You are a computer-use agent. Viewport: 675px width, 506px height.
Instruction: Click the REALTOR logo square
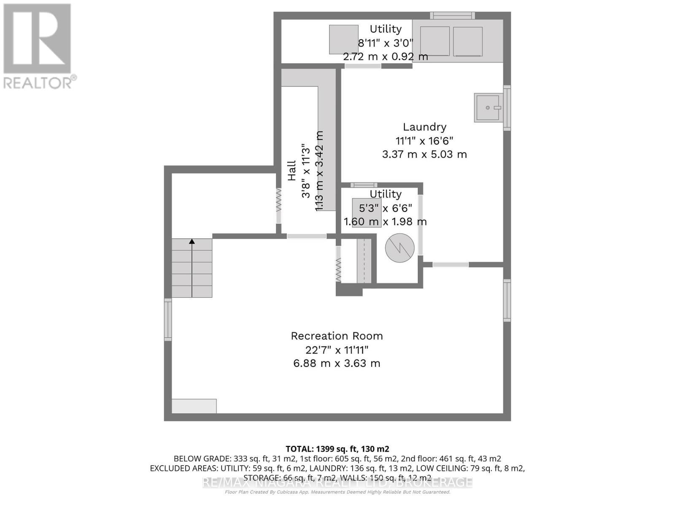click(x=37, y=39)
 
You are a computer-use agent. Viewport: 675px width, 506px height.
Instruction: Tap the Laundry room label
click(x=424, y=127)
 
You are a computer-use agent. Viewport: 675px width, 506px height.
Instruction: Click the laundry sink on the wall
click(x=489, y=108)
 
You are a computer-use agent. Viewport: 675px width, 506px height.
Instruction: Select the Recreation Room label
click(x=337, y=336)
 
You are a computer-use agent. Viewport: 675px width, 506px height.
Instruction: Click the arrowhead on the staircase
click(x=192, y=242)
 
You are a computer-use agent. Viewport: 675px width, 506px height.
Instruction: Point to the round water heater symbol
click(x=400, y=248)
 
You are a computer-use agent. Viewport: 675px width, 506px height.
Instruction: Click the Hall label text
click(x=292, y=171)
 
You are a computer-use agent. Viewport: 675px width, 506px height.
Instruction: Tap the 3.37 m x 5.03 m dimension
click(x=424, y=154)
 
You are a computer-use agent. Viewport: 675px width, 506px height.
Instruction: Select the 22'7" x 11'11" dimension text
click(x=337, y=350)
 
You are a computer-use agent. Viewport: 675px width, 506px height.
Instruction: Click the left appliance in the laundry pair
click(x=435, y=41)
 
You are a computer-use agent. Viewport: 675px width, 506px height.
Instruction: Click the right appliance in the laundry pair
click(x=467, y=41)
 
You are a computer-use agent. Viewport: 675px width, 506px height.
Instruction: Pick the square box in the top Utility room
click(x=343, y=39)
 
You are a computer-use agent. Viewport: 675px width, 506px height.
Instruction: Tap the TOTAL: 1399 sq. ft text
click(x=337, y=449)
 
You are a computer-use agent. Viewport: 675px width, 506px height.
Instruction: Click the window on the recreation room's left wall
click(x=168, y=319)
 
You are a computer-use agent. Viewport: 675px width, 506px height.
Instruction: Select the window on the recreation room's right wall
click(x=507, y=300)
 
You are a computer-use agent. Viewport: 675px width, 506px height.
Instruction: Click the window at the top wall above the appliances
click(x=452, y=16)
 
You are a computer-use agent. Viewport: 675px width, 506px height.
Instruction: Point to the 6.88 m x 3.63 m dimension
click(x=337, y=363)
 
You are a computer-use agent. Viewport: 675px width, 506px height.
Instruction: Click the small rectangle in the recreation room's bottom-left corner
click(x=194, y=406)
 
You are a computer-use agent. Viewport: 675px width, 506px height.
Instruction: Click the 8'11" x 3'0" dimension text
click(x=385, y=43)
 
